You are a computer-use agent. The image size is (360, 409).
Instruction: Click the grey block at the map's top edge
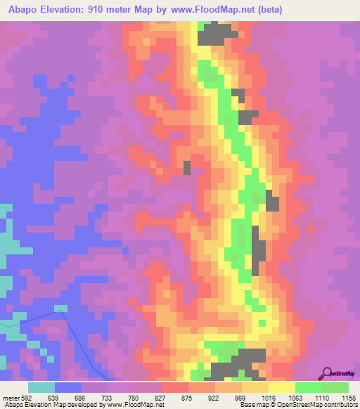[219, 31]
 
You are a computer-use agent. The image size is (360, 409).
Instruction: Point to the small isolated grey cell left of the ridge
[187, 167]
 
